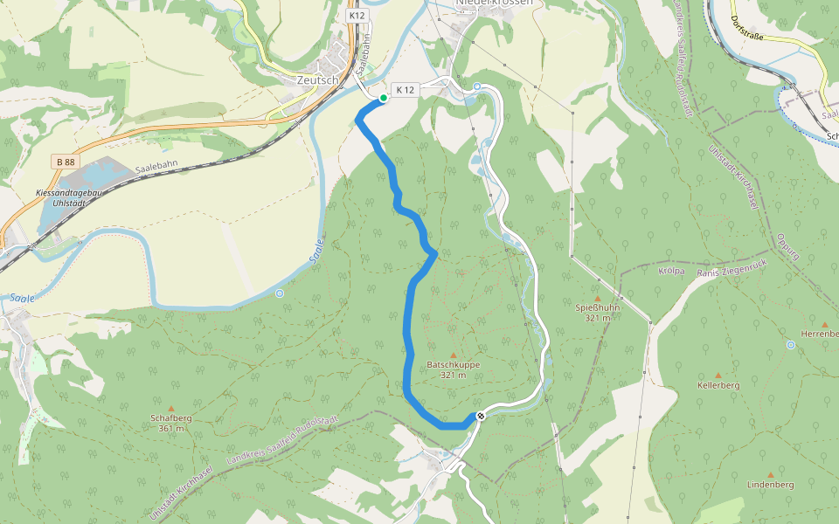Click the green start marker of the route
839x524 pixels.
click(384, 98)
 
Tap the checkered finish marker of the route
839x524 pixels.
click(480, 416)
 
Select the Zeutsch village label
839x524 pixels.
click(317, 79)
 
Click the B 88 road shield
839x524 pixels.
click(65, 162)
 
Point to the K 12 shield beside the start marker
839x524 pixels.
click(405, 90)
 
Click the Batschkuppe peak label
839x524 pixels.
click(453, 366)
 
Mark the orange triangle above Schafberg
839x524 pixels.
click(171, 408)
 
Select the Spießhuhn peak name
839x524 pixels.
click(598, 308)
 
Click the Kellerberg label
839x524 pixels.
click(718, 385)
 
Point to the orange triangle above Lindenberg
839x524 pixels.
click(770, 475)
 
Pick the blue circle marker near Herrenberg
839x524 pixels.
click(790, 345)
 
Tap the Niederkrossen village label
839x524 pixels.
click(494, 3)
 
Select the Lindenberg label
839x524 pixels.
click(770, 485)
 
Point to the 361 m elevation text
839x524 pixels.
click(171, 428)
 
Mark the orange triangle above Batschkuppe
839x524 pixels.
click(453, 355)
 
